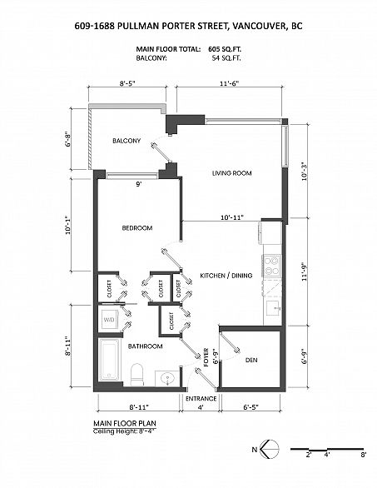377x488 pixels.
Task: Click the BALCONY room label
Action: [x=126, y=141]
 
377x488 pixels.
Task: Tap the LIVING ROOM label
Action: [x=231, y=173]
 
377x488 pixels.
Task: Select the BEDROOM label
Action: [x=136, y=227]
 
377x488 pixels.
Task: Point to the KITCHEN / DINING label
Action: [x=226, y=275]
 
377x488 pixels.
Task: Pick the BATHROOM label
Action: [x=145, y=346]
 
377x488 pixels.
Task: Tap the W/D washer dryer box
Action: [x=109, y=319]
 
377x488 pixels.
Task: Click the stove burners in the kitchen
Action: [x=271, y=266]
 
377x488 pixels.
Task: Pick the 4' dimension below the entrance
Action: [x=200, y=408]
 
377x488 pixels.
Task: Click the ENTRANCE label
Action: [x=201, y=398]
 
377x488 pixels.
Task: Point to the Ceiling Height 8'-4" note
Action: [x=127, y=431]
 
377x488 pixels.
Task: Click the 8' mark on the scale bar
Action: [x=364, y=456]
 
